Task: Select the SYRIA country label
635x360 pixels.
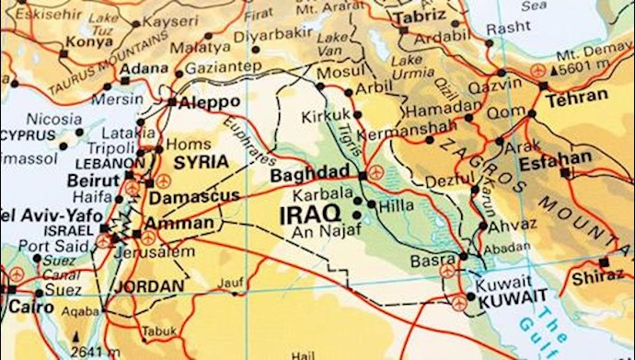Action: coord(201,162)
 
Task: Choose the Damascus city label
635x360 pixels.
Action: coord(194,195)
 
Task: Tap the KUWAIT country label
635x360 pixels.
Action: coord(507,296)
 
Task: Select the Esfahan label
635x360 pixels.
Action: coord(556,157)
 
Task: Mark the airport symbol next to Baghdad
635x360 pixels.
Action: coord(375,173)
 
